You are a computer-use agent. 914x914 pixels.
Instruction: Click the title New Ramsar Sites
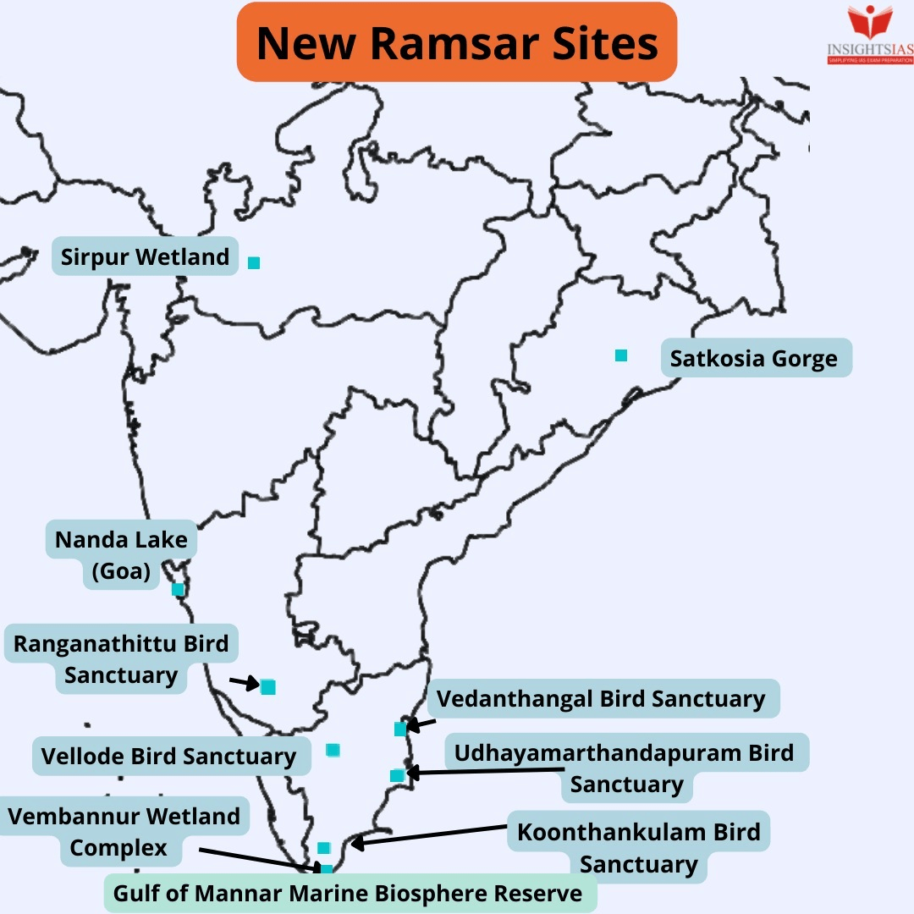[457, 42]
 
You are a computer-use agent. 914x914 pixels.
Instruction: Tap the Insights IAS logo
[870, 34]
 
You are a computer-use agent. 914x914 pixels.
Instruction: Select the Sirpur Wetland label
[145, 256]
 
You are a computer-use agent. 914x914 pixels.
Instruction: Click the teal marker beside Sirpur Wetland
[253, 263]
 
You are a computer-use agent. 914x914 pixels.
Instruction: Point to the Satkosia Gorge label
[754, 359]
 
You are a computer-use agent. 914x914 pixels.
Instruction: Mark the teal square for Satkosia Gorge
[621, 355]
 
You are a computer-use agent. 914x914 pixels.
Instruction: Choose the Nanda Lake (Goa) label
[121, 555]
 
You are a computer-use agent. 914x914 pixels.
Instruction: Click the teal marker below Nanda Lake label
[178, 589]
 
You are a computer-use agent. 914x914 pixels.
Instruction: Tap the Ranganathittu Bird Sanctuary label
[121, 660]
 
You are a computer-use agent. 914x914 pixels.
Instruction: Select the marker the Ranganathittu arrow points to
[268, 687]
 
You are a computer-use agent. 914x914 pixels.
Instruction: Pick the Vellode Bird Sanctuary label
[169, 756]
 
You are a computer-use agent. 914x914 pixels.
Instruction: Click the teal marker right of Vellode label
[333, 750]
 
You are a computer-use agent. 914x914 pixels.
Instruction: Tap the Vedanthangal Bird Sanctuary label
[601, 700]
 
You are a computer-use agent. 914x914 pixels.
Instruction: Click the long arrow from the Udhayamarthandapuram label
[487, 771]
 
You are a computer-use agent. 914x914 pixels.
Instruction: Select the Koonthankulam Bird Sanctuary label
[638, 847]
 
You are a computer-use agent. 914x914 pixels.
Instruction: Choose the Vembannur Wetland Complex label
[124, 832]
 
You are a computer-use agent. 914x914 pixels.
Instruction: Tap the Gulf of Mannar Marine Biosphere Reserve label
[348, 894]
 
